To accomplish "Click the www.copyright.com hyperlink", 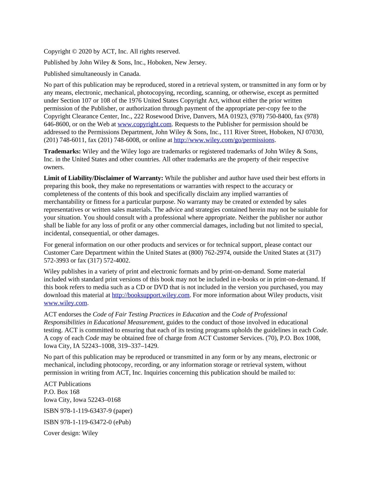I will [x=145, y=124].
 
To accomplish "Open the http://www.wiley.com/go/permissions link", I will [x=224, y=140].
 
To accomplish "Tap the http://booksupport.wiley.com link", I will [x=151, y=295].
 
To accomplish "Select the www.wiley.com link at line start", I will [x=65, y=303].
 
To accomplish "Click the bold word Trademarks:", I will [x=62, y=151].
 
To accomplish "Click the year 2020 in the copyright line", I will [x=85, y=51].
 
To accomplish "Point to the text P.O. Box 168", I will [x=62, y=392].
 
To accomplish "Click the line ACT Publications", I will [x=67, y=384].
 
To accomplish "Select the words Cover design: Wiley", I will [x=71, y=433].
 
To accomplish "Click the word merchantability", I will [x=64, y=202].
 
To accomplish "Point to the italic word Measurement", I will [x=145, y=322].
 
